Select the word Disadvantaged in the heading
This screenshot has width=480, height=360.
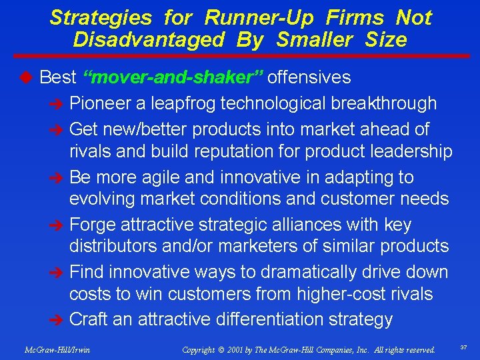point(149,40)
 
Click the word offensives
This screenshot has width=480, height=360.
point(309,78)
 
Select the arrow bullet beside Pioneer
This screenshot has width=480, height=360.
point(58,104)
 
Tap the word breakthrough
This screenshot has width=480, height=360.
point(381,103)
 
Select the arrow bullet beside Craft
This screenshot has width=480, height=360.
point(58,320)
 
